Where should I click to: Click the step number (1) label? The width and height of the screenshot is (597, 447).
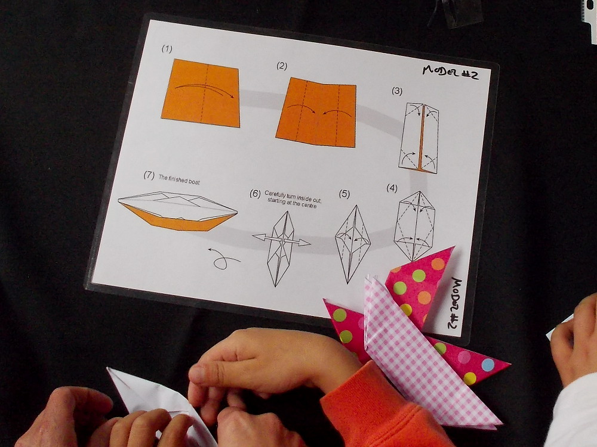[167, 49]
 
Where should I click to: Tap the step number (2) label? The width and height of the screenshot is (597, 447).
[282, 66]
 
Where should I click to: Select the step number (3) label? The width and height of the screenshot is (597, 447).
[397, 91]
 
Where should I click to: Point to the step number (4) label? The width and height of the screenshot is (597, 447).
[392, 188]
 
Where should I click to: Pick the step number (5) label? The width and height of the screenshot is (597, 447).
[344, 194]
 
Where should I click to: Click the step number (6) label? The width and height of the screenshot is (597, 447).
[255, 194]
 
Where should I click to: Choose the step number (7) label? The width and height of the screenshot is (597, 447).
[149, 175]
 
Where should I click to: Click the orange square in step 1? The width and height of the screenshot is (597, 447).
[201, 93]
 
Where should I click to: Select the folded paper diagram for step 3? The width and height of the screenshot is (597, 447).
[419, 138]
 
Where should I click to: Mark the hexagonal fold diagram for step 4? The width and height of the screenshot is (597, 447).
[415, 225]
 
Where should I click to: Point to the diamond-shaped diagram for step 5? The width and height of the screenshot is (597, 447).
[353, 244]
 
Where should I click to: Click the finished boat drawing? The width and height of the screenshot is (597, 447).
[177, 212]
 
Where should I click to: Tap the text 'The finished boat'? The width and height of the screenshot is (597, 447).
[179, 179]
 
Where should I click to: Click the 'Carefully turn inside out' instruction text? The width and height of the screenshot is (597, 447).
[293, 195]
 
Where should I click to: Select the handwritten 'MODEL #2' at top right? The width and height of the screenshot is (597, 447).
[450, 72]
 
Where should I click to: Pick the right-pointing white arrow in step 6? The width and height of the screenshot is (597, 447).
[297, 242]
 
